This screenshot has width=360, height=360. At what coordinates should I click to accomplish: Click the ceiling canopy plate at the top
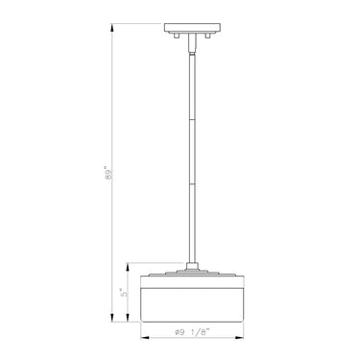click(192, 27)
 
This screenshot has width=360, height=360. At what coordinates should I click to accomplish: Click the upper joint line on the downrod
click(192, 121)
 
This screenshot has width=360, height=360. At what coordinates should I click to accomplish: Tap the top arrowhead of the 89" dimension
click(112, 26)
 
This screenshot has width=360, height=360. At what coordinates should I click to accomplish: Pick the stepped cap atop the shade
click(192, 273)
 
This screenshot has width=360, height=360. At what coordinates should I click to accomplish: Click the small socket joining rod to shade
click(192, 263)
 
